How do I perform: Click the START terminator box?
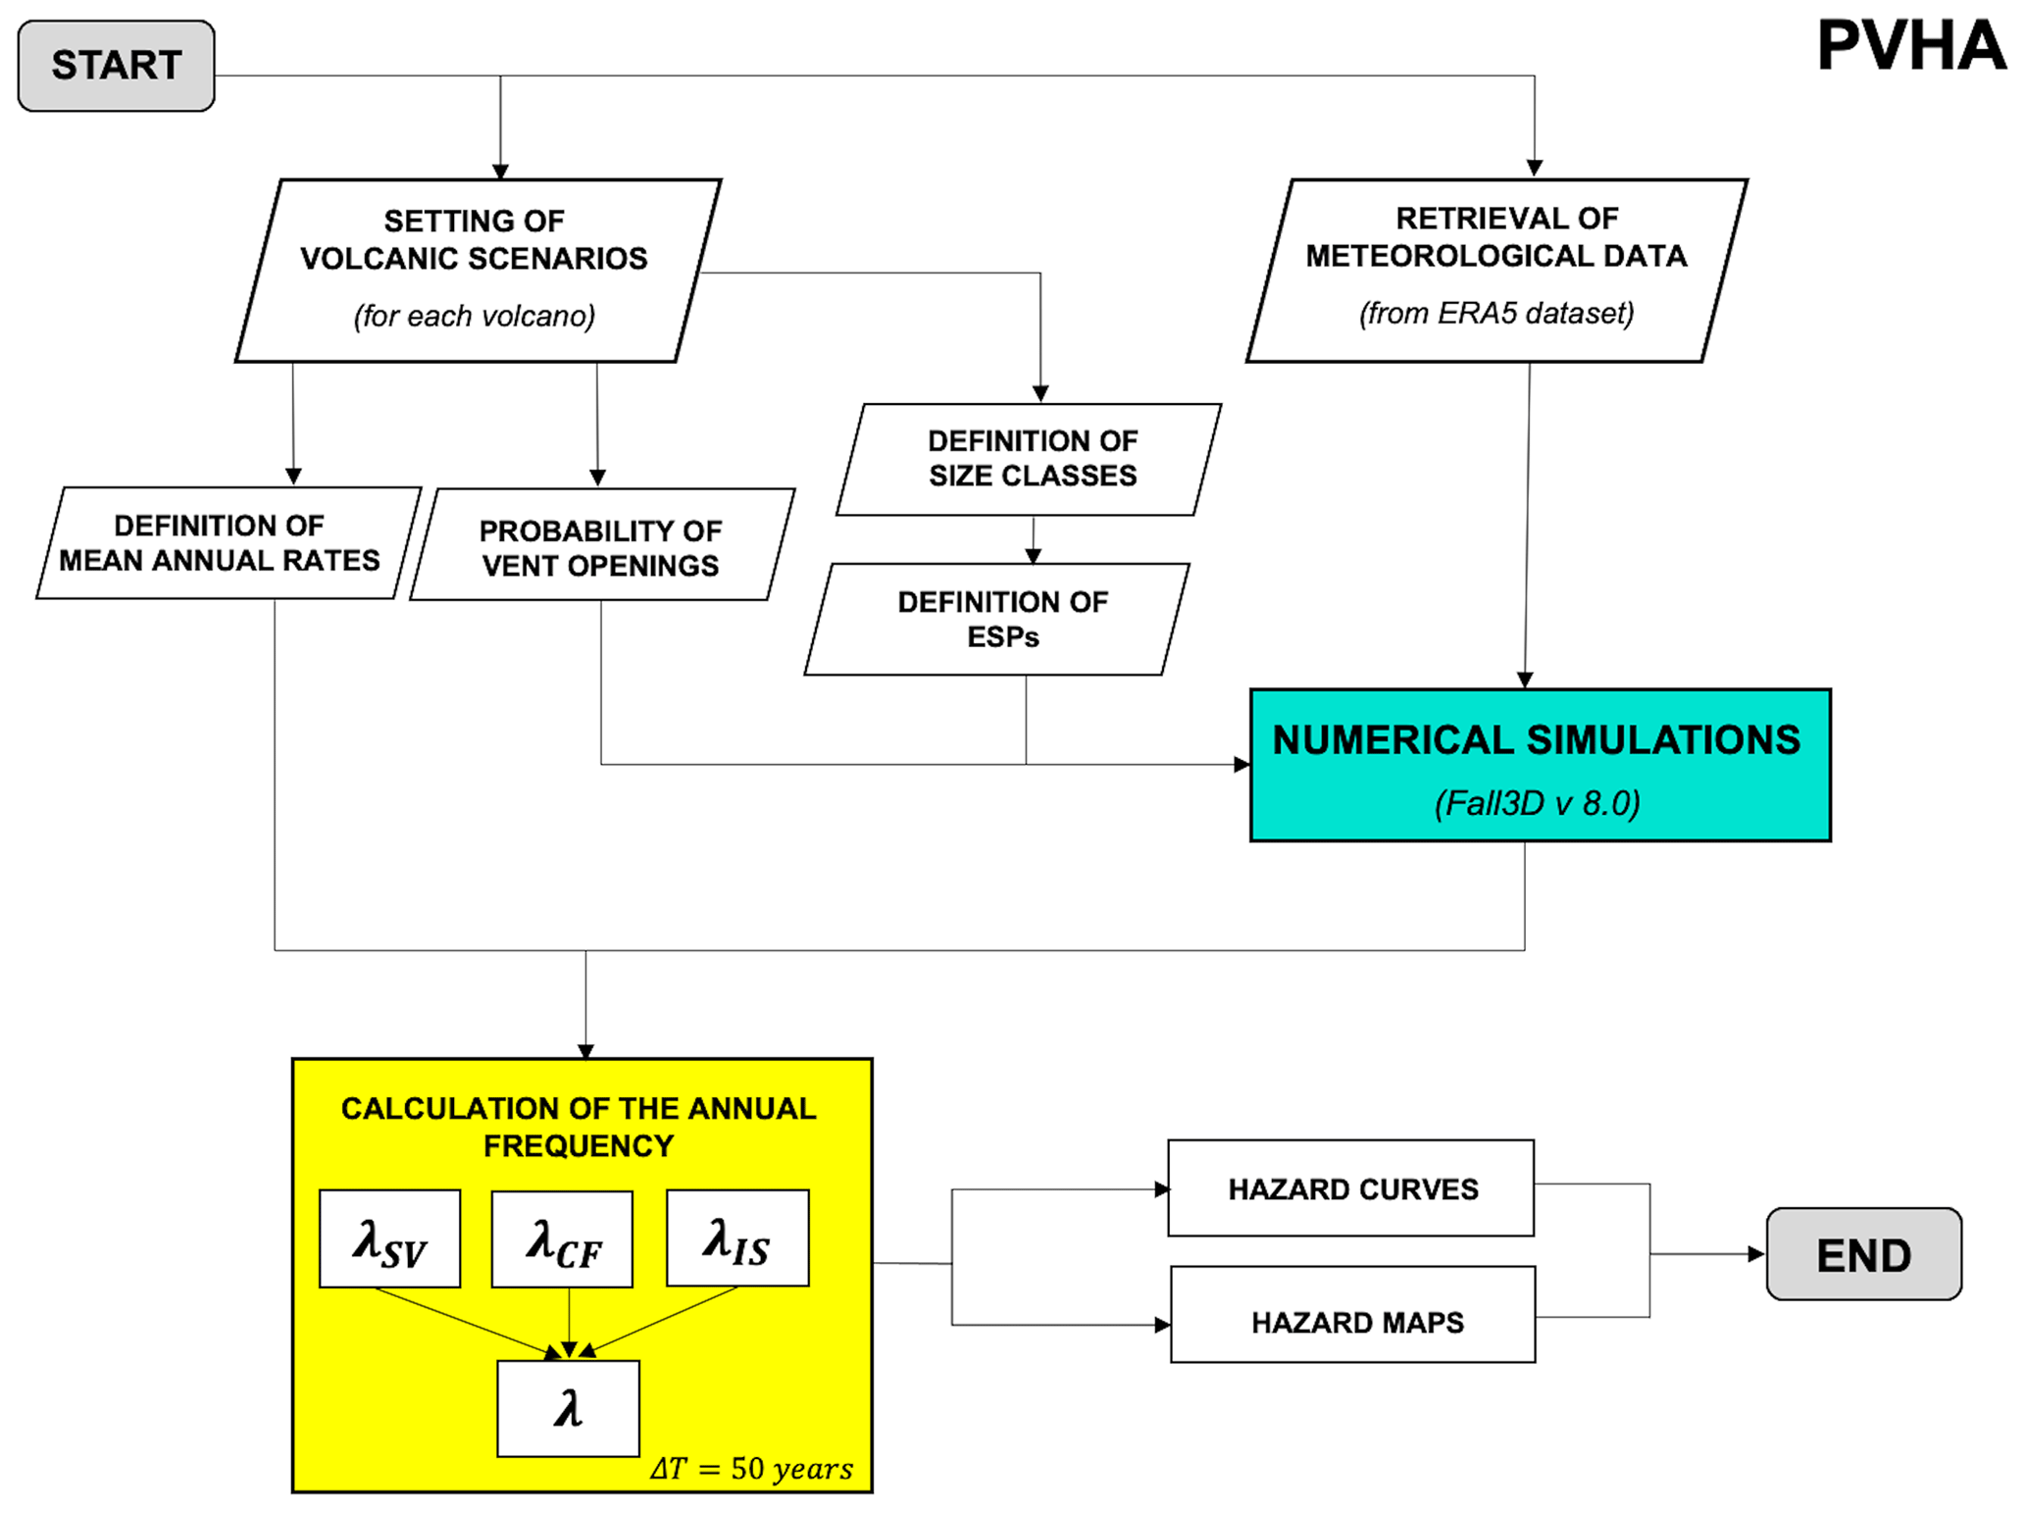pos(116,66)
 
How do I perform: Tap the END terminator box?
pos(1863,1254)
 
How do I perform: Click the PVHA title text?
pos(1910,46)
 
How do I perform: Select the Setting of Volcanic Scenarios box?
pos(478,270)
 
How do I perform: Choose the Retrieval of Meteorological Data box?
pos(1496,270)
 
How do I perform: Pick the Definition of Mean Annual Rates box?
pos(228,542)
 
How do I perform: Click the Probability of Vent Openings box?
pos(601,545)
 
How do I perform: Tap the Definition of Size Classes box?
pos(1030,459)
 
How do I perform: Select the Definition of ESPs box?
pos(997,619)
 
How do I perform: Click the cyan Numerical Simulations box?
pos(1540,765)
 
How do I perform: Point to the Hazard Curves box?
pos(1350,1188)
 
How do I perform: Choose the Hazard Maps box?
pos(1353,1315)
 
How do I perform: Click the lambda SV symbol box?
pos(389,1238)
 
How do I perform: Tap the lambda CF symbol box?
pos(562,1239)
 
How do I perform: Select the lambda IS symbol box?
pos(737,1237)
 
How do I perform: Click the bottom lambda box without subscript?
pos(568,1409)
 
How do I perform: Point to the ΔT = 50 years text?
pos(751,1468)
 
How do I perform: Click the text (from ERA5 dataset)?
pos(1496,314)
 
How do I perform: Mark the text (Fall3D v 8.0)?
pos(1537,804)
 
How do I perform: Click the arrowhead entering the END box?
pos(1756,1254)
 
